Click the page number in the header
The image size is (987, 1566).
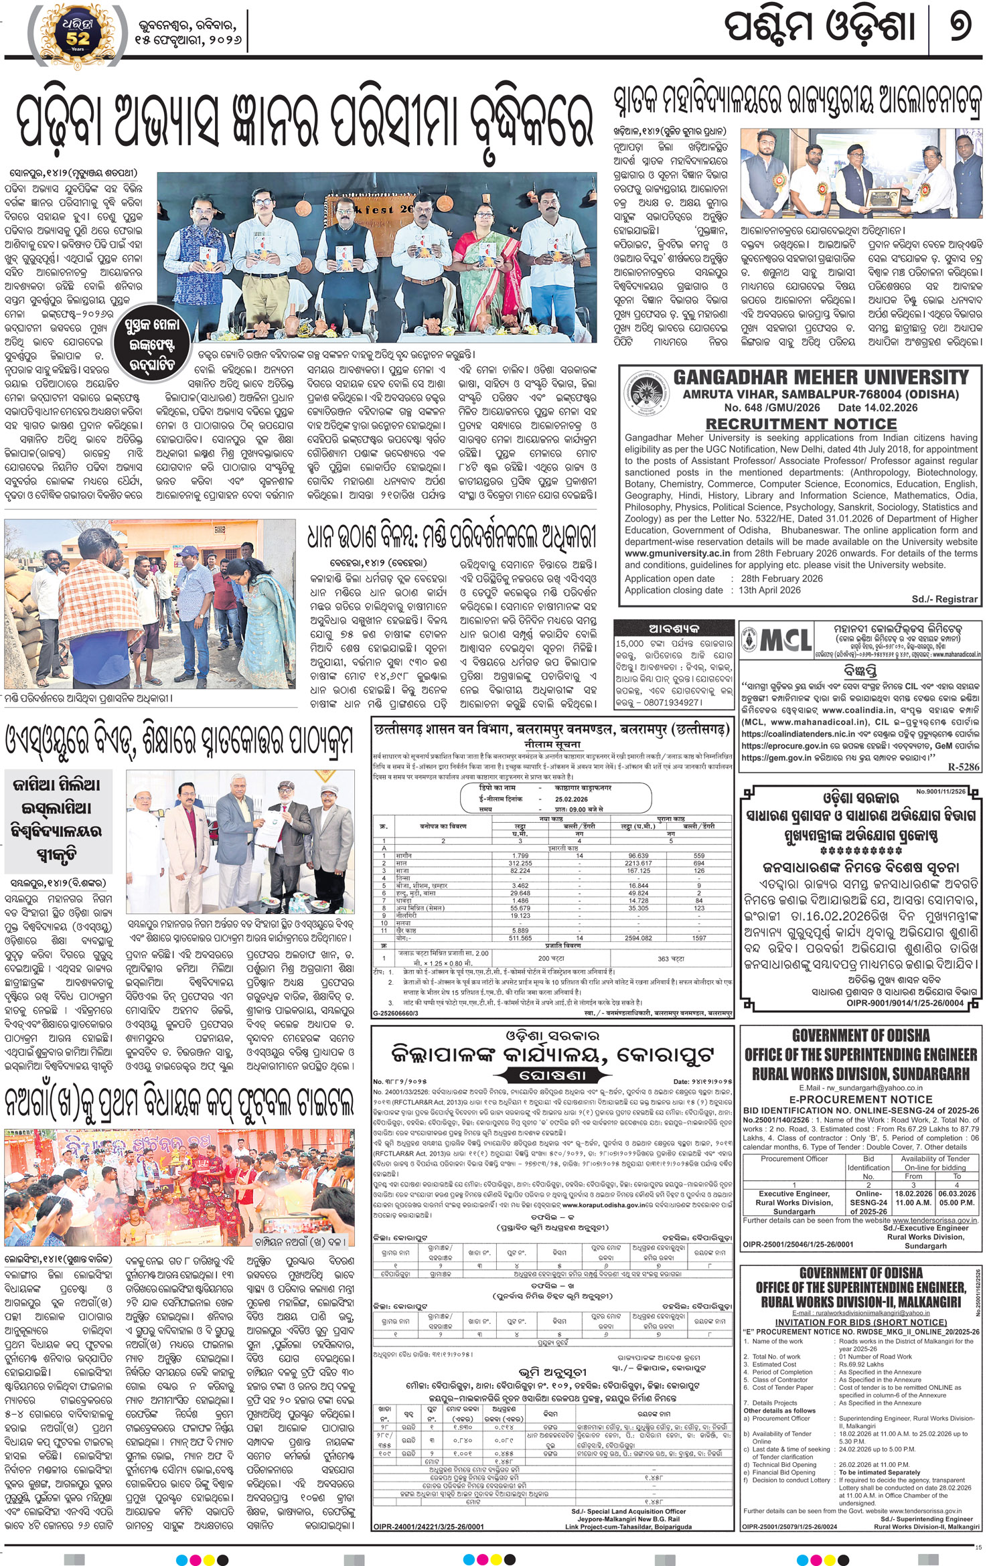960,28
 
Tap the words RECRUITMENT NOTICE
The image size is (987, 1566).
801,424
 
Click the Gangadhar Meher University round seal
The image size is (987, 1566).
646,394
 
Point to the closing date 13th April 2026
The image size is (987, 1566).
769,590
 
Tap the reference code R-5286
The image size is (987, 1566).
963,767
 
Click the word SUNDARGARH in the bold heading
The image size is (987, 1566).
925,1074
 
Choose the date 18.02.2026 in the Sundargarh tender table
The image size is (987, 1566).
913,1194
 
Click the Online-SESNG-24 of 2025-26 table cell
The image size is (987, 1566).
868,1202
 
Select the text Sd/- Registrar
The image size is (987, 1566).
944,599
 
